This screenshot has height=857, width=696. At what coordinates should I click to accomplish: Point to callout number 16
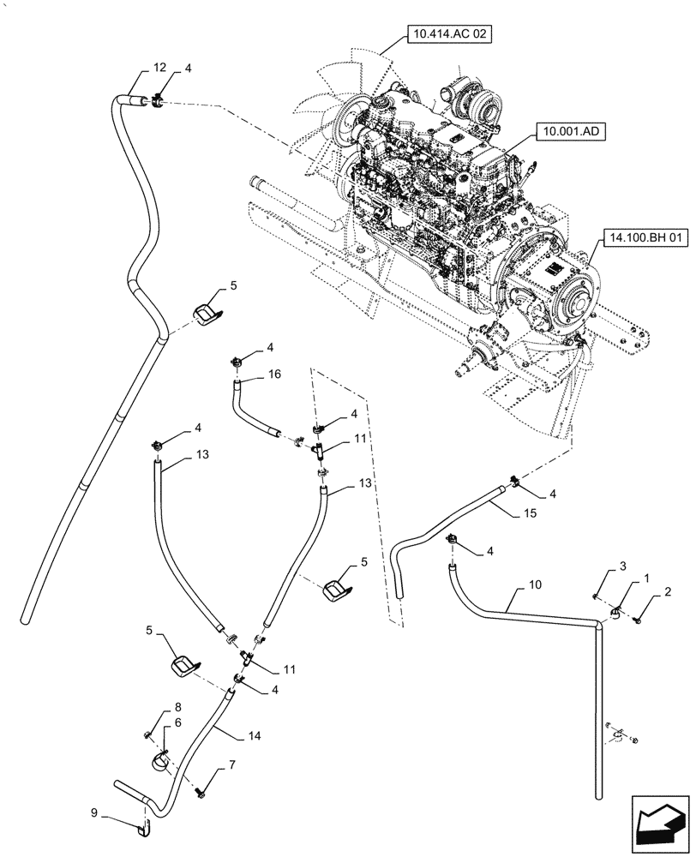250,375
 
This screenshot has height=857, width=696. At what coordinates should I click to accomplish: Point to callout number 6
178,724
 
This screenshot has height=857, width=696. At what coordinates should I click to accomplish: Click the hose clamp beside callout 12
159,104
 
